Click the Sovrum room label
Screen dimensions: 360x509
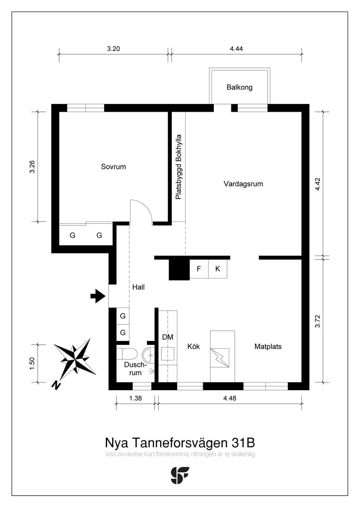click(114, 167)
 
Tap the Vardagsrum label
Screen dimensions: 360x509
click(243, 184)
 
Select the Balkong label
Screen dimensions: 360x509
click(239, 87)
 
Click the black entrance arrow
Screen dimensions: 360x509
click(98, 296)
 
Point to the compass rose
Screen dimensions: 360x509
click(75, 360)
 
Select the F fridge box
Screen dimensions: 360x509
click(199, 269)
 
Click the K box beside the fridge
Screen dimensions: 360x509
click(218, 269)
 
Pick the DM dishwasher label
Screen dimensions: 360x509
click(168, 337)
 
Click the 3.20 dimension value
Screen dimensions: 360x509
click(114, 49)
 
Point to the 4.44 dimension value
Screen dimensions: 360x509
click(236, 49)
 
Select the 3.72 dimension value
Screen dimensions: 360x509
click(318, 321)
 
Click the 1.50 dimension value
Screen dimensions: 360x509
click(32, 363)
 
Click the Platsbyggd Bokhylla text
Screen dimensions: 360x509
click(179, 167)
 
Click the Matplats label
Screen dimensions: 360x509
click(268, 347)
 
